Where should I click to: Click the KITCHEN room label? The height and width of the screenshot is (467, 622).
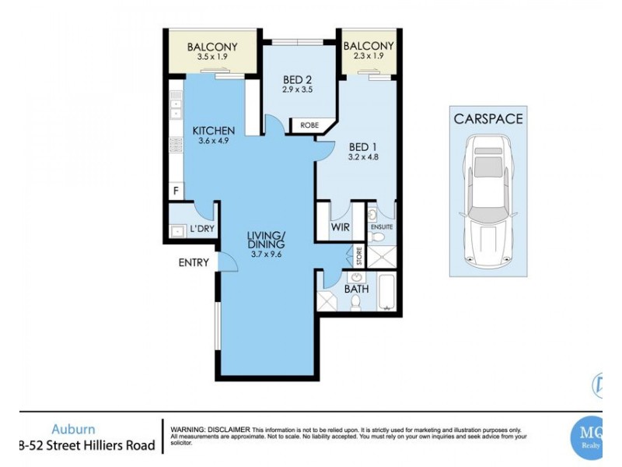pyautogui.click(x=213, y=130)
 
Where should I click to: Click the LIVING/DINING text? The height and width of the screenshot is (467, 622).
pyautogui.click(x=267, y=241)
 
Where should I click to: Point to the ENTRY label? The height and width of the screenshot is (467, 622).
pyautogui.click(x=194, y=262)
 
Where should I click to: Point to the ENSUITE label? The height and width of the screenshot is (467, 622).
pyautogui.click(x=381, y=226)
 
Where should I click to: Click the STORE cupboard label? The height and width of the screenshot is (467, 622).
pyautogui.click(x=358, y=257)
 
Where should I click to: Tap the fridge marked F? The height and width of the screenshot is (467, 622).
pyautogui.click(x=175, y=191)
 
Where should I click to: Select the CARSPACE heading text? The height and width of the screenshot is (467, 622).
pyautogui.click(x=488, y=119)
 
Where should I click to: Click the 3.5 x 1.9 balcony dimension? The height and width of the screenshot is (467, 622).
pyautogui.click(x=211, y=58)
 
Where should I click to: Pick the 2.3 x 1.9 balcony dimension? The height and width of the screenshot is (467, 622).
pyautogui.click(x=369, y=58)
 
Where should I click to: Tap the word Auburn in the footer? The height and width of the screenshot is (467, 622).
pyautogui.click(x=74, y=428)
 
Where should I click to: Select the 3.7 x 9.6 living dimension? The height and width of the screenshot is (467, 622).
pyautogui.click(x=267, y=253)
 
